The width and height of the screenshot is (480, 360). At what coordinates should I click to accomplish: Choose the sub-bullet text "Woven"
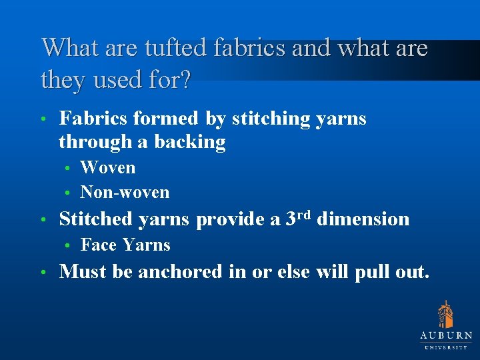click(x=107, y=167)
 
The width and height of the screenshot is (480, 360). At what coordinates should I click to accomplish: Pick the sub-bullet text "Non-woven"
click(x=125, y=192)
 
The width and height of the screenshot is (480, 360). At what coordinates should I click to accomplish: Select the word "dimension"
click(x=363, y=219)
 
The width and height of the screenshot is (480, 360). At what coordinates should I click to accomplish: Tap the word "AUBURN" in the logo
click(x=446, y=336)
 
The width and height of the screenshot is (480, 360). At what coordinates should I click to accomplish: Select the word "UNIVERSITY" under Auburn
click(x=446, y=347)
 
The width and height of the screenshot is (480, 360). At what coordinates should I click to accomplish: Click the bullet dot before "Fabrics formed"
click(x=43, y=120)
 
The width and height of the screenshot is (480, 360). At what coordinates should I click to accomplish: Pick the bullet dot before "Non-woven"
click(x=68, y=193)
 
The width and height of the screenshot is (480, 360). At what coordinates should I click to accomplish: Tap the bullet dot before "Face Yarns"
click(x=68, y=246)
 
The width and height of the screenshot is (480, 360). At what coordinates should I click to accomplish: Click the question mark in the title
click(x=184, y=80)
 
